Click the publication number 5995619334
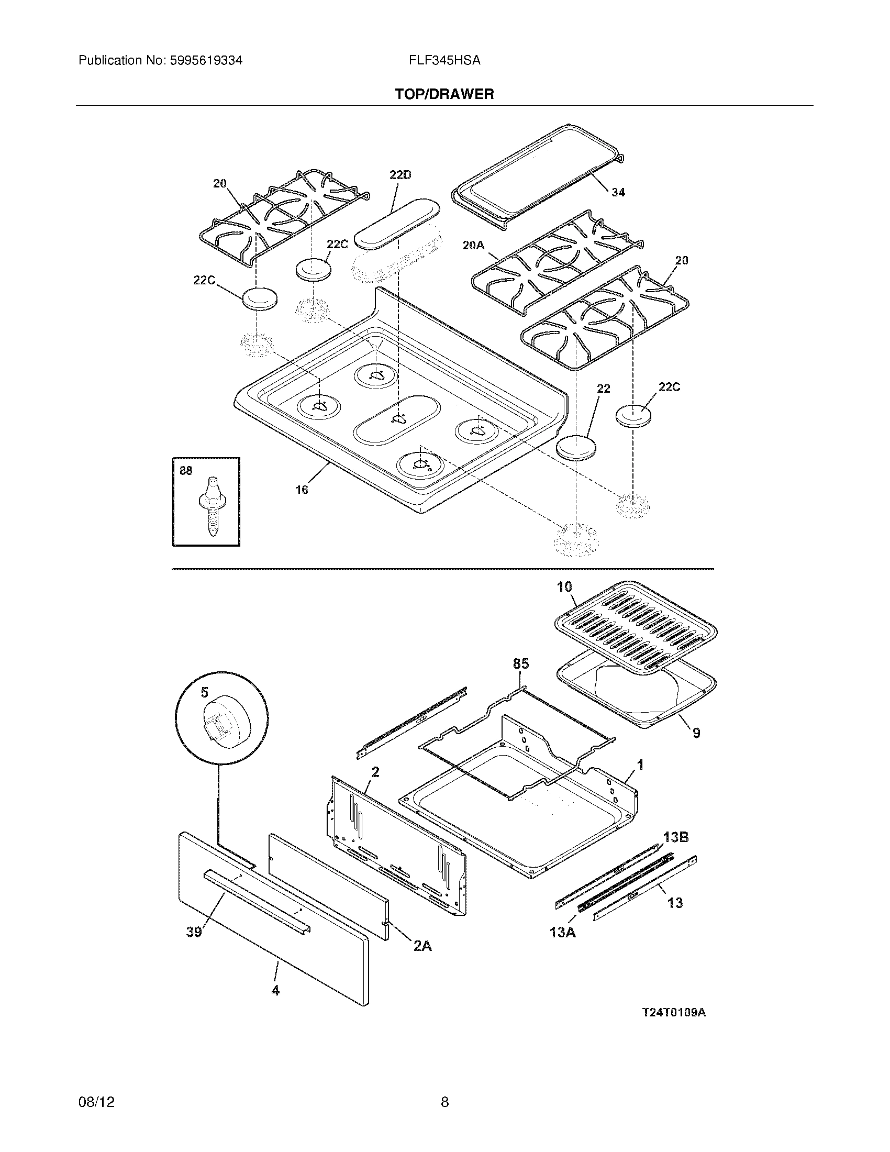pos(206,61)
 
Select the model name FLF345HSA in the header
pos(444,61)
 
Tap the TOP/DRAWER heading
pos(444,94)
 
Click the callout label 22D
pos(400,175)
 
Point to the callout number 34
pos(618,193)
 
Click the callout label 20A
pos(473,245)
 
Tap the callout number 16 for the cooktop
pos(302,490)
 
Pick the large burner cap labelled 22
pos(576,448)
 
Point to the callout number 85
pos(520,664)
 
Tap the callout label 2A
pos(422,946)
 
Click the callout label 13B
pos(675,837)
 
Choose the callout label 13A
pos(562,933)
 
